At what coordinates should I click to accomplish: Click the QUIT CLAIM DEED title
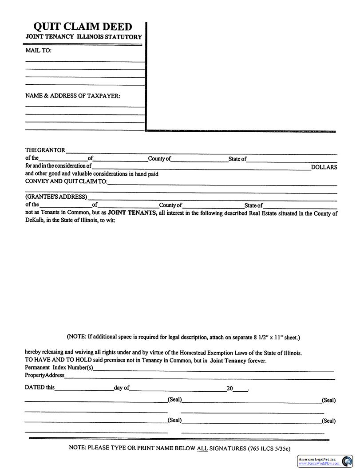[x=83, y=27]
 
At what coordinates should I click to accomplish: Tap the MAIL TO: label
[x=38, y=51]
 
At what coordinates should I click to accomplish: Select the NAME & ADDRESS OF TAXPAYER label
[x=72, y=96]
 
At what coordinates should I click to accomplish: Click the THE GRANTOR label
[x=45, y=150]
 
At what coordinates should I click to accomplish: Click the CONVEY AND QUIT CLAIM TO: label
[x=66, y=181]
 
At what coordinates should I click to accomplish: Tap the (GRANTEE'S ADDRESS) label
[x=56, y=197]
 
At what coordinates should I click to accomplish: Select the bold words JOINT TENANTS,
[x=132, y=213]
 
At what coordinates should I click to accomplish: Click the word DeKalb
[x=34, y=220]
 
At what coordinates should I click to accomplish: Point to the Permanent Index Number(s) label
[x=59, y=367]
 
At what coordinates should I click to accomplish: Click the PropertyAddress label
[x=44, y=375]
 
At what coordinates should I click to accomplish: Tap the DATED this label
[x=40, y=387]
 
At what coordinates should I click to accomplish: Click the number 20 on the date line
[x=229, y=389]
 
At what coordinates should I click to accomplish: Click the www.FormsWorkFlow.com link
[x=319, y=464]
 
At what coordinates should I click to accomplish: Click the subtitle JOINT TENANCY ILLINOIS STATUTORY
[x=83, y=37]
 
